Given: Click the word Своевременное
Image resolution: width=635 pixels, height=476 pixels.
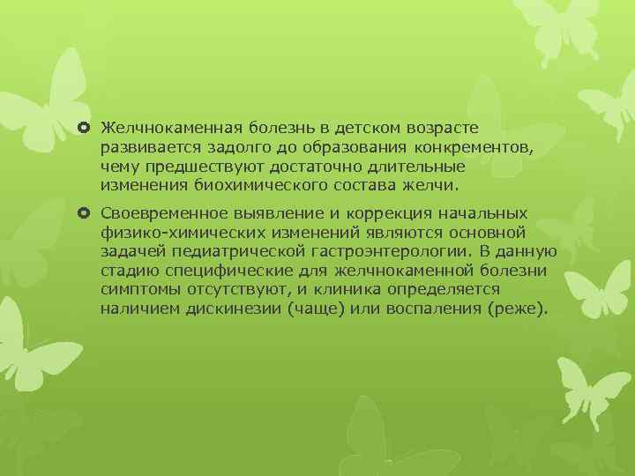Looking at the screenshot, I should [162, 213].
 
